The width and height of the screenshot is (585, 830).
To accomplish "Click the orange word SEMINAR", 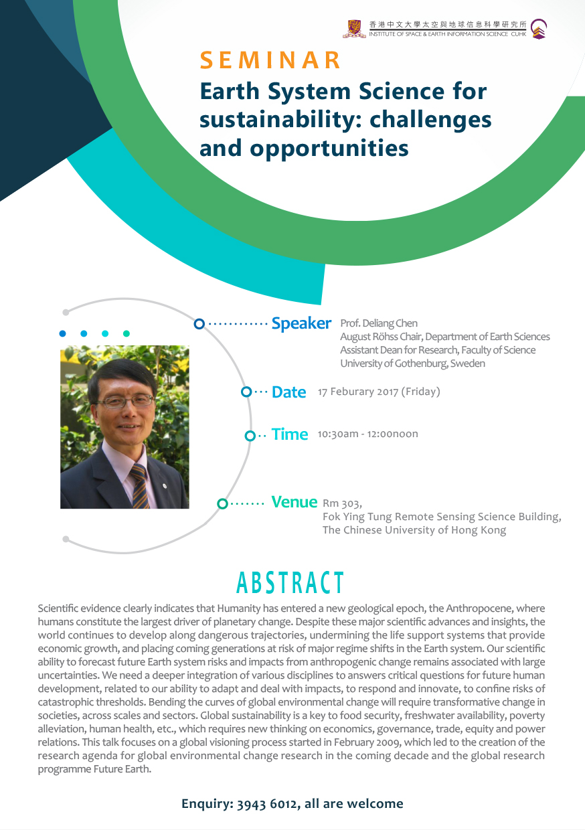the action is [270, 60].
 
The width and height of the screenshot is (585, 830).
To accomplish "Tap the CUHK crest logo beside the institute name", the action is [354, 29].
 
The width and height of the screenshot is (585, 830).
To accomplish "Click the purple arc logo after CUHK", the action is [538, 29].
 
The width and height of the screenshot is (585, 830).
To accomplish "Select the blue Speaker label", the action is [301, 323].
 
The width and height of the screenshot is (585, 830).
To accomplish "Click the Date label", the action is [289, 392].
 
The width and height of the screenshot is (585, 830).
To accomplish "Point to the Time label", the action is [290, 434].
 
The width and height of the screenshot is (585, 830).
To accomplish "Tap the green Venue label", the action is [294, 502].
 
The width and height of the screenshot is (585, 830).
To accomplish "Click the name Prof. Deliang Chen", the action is [379, 323].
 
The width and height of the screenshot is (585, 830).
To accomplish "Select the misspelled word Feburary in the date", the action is [351, 392].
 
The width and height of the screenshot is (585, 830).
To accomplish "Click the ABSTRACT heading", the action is [290, 583].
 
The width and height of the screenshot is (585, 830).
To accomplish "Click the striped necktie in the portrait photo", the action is [140, 486].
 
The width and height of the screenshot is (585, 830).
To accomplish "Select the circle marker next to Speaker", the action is [199, 324].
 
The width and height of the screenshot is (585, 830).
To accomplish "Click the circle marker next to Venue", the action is [222, 503].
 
